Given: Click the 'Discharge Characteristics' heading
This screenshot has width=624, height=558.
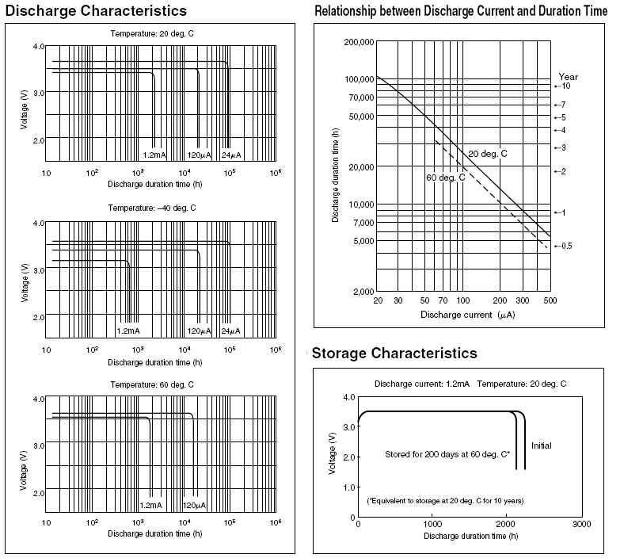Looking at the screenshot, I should click(x=96, y=11).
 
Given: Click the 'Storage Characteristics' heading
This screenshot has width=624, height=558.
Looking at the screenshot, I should click(x=395, y=353).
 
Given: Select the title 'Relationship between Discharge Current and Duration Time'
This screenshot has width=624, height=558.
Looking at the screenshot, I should click(x=461, y=11).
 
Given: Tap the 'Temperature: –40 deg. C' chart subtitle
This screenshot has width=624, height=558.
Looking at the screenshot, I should click(x=153, y=208).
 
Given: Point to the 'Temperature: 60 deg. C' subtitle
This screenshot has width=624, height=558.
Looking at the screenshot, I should click(x=152, y=384).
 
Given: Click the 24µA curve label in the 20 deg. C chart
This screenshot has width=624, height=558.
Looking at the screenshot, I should click(x=230, y=154).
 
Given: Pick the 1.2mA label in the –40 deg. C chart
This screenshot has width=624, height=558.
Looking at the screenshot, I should click(x=127, y=331).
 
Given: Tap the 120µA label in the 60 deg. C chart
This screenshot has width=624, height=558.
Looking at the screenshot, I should click(x=195, y=505).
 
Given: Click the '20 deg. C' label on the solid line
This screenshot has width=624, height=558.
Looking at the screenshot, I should click(x=487, y=152).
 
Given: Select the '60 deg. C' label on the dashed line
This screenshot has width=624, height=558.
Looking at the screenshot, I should click(x=446, y=177).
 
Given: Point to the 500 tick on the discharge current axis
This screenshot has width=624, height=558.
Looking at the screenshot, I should click(x=550, y=301).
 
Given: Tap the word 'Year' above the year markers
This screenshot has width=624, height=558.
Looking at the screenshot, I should click(x=568, y=77).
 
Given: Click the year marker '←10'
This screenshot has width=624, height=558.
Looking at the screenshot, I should click(x=562, y=86).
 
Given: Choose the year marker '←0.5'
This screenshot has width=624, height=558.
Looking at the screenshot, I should click(x=563, y=246).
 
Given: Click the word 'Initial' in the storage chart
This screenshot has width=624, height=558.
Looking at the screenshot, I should click(x=542, y=445).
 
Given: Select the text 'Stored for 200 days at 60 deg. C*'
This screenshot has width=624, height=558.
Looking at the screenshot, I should click(x=447, y=455).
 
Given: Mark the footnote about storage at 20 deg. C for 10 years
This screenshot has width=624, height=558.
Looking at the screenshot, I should click(x=445, y=501).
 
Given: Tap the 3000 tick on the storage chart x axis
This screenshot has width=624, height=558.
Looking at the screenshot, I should click(x=581, y=524).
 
